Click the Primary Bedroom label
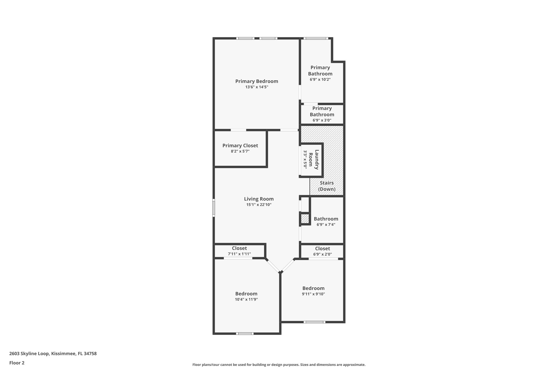tap(257, 81)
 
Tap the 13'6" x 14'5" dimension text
tap(257, 87)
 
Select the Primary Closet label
tap(240, 146)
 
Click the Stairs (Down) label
tap(327, 186)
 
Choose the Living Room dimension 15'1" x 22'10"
tap(259, 205)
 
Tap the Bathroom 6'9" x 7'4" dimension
tap(326, 225)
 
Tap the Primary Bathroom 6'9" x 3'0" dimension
tap(322, 120)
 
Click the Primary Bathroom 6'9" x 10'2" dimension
tap(320, 80)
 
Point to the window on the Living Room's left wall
tap(214, 208)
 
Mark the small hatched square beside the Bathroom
tap(305, 219)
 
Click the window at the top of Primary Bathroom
tap(316, 38)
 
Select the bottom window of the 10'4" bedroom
tap(244, 334)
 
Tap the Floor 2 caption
tap(17, 363)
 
